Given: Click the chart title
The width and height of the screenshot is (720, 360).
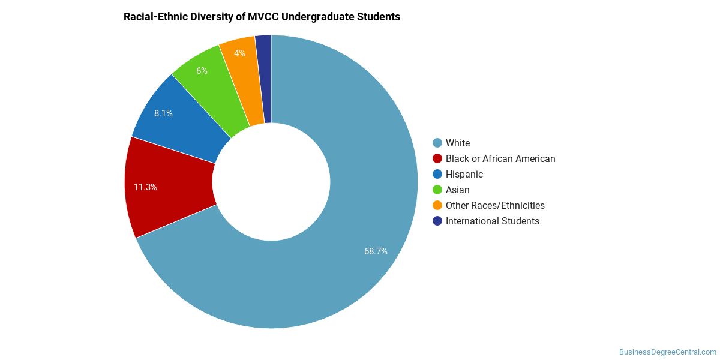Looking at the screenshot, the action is click(x=262, y=17).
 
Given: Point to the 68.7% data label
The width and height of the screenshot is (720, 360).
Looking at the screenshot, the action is click(x=376, y=251).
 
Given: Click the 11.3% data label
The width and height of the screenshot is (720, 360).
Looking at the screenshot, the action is click(x=145, y=187).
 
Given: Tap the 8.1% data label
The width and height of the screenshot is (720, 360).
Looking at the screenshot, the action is click(x=163, y=113).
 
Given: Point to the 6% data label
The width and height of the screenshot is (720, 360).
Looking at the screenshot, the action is click(x=202, y=71).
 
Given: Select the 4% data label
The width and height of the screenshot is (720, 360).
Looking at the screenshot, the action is click(x=239, y=53).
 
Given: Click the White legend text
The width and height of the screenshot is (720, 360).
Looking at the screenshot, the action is click(x=458, y=143).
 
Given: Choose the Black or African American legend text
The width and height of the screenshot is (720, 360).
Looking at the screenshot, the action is click(x=500, y=159).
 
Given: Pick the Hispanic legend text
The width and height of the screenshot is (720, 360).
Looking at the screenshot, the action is click(x=464, y=175).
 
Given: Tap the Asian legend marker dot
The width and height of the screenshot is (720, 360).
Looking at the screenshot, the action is click(x=437, y=190).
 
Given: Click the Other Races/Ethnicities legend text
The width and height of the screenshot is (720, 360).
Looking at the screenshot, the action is click(x=495, y=206).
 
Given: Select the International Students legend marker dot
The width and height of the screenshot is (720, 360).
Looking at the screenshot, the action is click(x=437, y=221).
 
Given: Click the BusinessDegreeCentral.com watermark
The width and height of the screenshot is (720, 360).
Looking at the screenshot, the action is click(x=668, y=352).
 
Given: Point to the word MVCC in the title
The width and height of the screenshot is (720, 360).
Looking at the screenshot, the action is click(x=263, y=17).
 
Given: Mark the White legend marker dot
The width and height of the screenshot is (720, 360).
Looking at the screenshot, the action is click(x=437, y=143).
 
